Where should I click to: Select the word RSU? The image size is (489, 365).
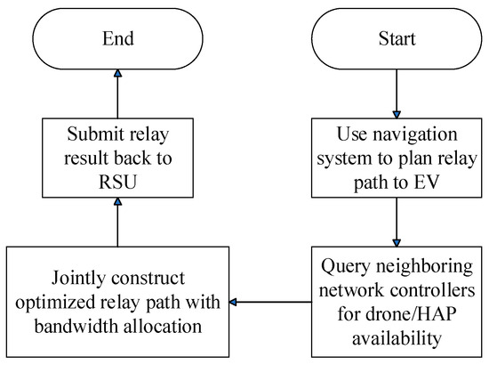[118, 182]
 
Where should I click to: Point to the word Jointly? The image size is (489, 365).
[78, 279]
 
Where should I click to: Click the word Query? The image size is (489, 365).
[346, 267]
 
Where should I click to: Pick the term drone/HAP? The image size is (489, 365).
[412, 313]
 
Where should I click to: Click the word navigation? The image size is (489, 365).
[415, 135]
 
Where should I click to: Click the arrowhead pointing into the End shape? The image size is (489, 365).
[117, 73]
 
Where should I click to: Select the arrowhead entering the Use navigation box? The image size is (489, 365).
[397, 115]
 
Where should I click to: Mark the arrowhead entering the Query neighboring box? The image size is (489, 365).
[397, 243]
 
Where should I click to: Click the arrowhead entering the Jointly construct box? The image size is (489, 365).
[233, 302]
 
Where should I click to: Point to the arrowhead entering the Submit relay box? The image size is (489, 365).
[117, 201]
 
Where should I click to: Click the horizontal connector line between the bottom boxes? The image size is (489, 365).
[270, 302]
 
